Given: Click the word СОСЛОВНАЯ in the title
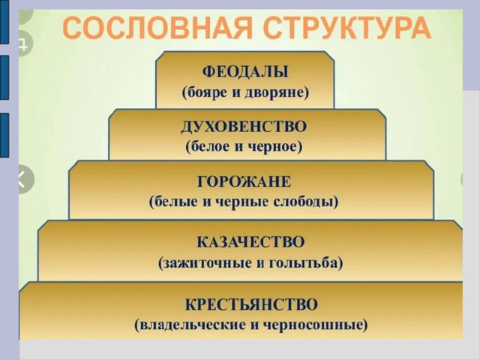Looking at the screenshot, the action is coord(157,28).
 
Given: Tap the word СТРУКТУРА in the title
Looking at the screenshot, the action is coord(346,28).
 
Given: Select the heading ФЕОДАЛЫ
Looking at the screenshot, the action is coord(245,72).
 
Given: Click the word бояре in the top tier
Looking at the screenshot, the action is coord(207,92).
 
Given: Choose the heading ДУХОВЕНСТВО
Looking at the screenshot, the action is coord(244,127).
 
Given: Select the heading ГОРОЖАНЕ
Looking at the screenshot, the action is coord(244,181).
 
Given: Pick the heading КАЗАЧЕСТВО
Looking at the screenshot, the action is coord(250,242).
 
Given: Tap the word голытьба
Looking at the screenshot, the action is coord(302,263).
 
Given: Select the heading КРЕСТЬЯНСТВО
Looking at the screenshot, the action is coord(251,304).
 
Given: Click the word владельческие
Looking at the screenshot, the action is coord(192,325).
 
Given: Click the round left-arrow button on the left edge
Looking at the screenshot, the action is coord(25,179).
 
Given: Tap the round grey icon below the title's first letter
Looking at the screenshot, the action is coord(25,43).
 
